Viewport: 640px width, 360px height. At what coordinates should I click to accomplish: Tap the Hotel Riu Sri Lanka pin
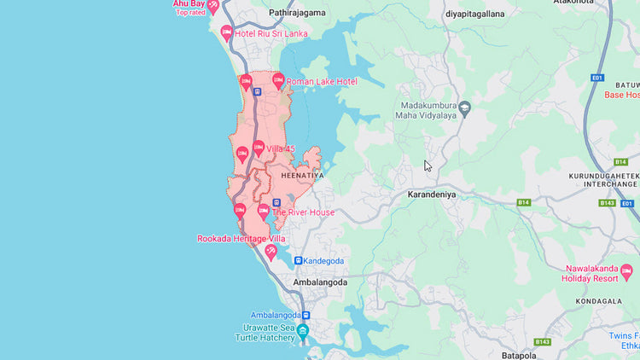(x=226, y=33)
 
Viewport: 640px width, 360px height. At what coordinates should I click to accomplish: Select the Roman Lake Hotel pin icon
(x=277, y=80)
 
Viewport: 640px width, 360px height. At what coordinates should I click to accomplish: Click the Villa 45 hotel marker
(x=258, y=148)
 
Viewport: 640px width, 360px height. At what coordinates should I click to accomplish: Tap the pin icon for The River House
(x=263, y=210)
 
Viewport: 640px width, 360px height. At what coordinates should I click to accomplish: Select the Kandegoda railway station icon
(x=298, y=260)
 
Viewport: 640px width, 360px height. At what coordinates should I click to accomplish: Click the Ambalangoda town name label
(x=319, y=282)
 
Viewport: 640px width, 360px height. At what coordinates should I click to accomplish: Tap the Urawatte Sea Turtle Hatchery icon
(x=302, y=330)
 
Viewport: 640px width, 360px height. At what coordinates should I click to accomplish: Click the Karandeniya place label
(x=432, y=195)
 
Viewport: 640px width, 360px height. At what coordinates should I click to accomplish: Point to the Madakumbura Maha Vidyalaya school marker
(x=464, y=108)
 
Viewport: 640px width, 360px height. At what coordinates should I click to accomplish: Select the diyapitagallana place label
(x=475, y=14)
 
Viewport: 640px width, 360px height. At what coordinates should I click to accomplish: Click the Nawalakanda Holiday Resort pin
(x=626, y=272)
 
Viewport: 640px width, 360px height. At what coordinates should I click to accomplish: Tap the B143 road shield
(x=607, y=203)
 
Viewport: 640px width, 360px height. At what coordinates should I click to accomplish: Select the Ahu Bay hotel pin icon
(x=212, y=5)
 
